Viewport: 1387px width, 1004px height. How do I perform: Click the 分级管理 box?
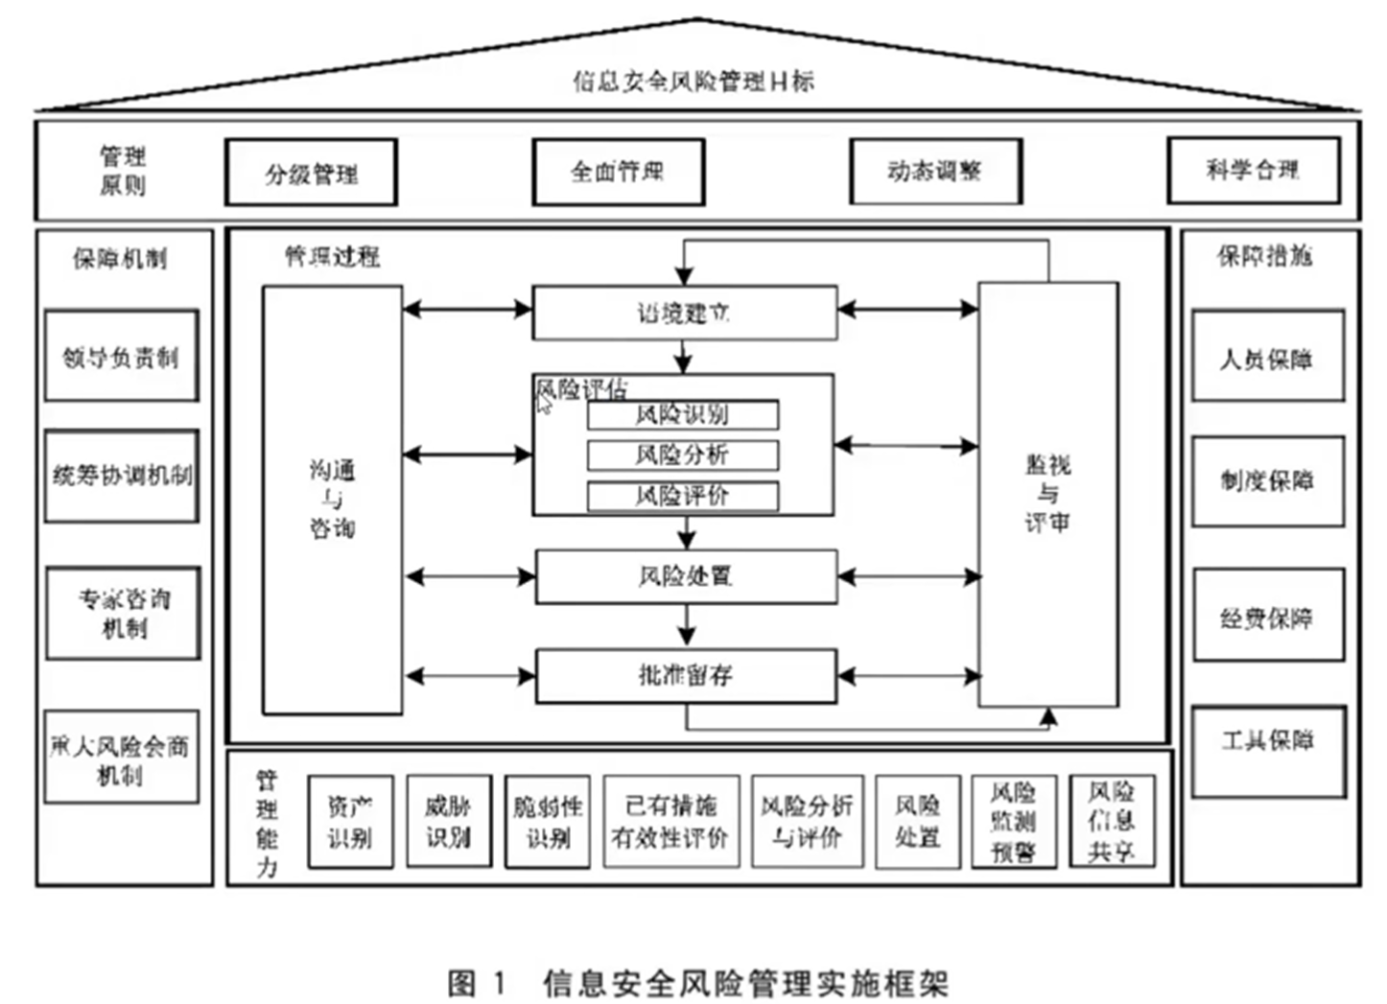point(311,173)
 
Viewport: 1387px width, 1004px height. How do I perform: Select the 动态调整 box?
point(935,171)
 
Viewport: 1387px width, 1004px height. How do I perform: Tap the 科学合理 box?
point(1253,170)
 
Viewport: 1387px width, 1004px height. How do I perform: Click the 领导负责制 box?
point(121,356)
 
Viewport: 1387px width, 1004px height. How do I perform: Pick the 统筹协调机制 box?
point(121,476)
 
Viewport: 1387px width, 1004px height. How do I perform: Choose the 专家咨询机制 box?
point(123,613)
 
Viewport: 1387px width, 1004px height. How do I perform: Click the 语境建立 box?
point(684,313)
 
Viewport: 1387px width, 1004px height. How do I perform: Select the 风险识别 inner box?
point(682,414)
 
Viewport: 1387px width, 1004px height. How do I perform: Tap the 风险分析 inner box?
point(682,455)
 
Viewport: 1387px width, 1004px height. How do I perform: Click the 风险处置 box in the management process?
point(685,576)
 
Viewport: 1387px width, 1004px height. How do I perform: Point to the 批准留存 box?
point(685,676)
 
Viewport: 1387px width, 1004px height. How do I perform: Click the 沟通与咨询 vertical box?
point(332,499)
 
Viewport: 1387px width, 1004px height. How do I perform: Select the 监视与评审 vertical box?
point(1047,494)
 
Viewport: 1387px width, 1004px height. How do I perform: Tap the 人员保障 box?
point(1266,357)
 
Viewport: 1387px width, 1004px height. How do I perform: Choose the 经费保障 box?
point(1267,616)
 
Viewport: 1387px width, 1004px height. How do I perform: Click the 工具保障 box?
point(1267,751)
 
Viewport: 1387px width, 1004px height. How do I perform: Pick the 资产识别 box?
point(350,822)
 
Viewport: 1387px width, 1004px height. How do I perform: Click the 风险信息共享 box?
point(1111,822)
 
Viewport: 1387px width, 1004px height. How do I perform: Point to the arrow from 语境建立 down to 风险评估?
point(683,358)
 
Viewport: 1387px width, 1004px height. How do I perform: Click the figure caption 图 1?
point(476,983)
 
